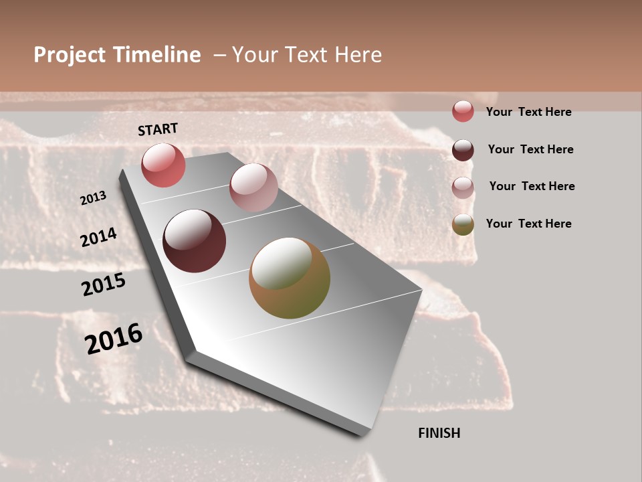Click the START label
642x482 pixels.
(158, 129)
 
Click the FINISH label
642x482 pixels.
(439, 433)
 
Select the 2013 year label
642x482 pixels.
(93, 198)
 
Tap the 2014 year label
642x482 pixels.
(98, 237)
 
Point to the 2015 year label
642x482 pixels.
(103, 285)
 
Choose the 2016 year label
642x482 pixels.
(114, 338)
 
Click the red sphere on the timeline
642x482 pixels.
(163, 165)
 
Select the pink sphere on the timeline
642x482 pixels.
(253, 187)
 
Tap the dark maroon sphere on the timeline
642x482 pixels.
(194, 241)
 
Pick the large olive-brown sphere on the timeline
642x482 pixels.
(290, 278)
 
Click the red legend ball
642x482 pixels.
(463, 111)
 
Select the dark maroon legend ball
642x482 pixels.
(463, 149)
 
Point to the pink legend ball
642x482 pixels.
(463, 187)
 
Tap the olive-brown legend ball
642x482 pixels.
(463, 224)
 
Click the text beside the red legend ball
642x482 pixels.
(528, 112)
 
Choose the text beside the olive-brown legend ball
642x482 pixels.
(528, 224)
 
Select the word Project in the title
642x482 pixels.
(70, 55)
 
